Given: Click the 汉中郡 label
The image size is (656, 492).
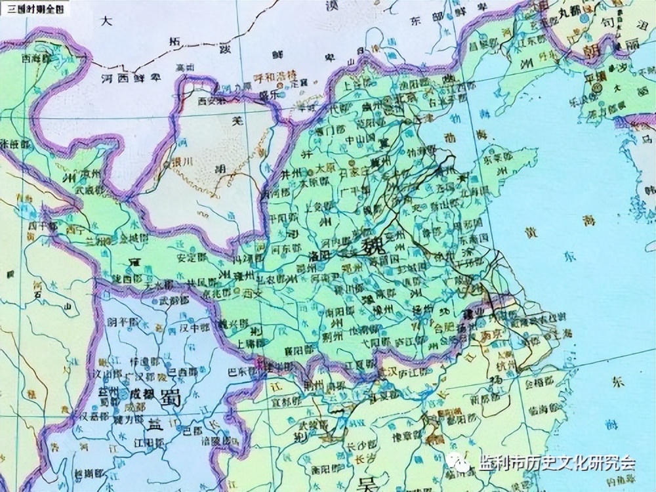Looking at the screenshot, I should coord(196,327).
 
